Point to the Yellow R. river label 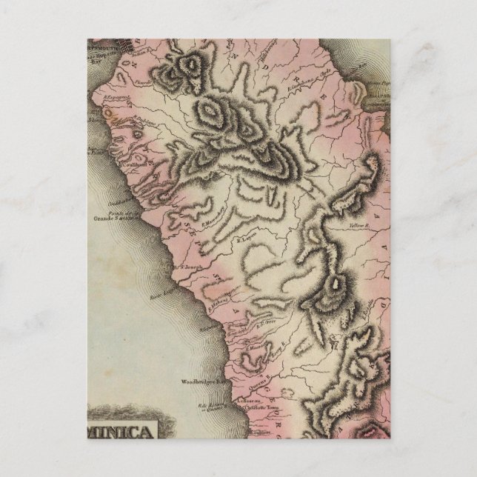360,224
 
